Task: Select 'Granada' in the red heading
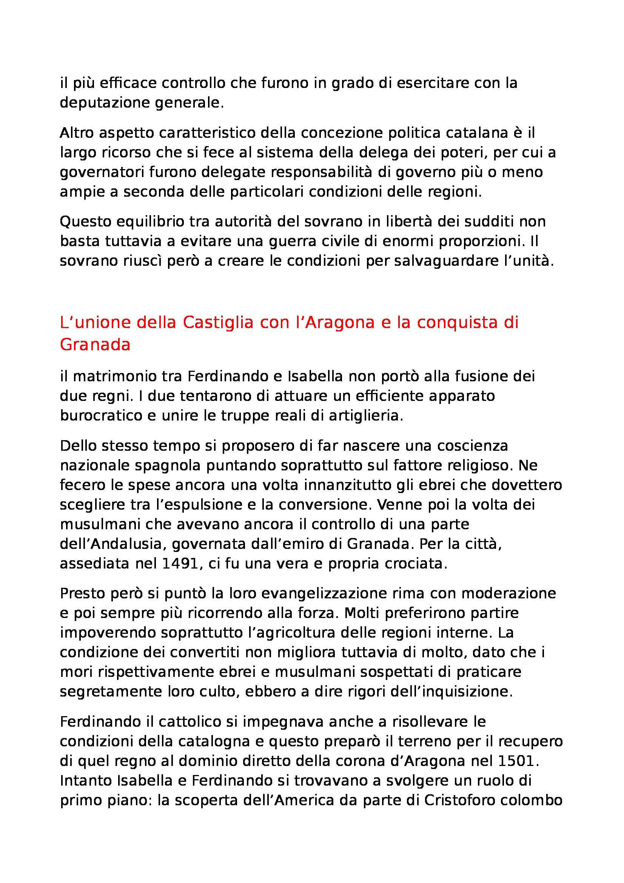coord(96,345)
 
